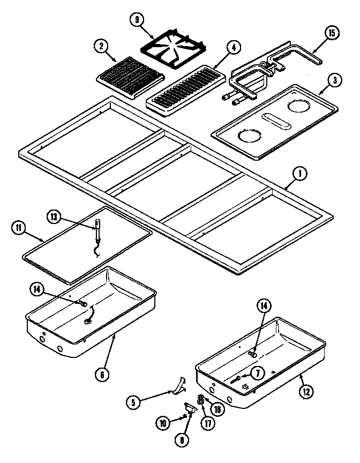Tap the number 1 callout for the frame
point(300,174)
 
